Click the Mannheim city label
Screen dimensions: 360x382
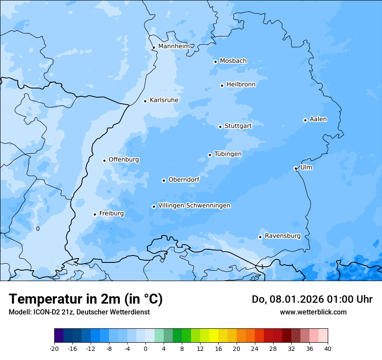[174, 46]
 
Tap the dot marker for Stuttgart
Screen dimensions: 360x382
[220, 127]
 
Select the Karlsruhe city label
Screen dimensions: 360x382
[164, 100]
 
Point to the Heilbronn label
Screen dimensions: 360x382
[241, 84]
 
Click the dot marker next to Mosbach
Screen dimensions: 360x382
[215, 62]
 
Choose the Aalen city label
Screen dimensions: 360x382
[318, 119]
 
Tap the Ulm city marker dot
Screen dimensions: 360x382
[296, 168]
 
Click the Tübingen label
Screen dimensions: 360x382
[228, 154]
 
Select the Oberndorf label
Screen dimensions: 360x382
[184, 180]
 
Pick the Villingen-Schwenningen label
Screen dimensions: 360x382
[194, 206]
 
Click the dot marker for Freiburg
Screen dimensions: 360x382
[95, 214]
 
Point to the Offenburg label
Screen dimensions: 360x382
[124, 160]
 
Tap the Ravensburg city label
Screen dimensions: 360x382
[283, 236]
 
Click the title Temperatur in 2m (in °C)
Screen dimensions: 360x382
[86, 299]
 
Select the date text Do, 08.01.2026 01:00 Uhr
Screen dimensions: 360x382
[312, 299]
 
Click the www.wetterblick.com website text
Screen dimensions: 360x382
[313, 312]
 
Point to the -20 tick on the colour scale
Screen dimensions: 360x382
[54, 348]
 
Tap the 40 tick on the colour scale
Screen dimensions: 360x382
[328, 348]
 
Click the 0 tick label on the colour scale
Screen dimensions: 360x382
[145, 348]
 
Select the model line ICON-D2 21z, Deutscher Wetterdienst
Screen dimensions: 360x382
[79, 312]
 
